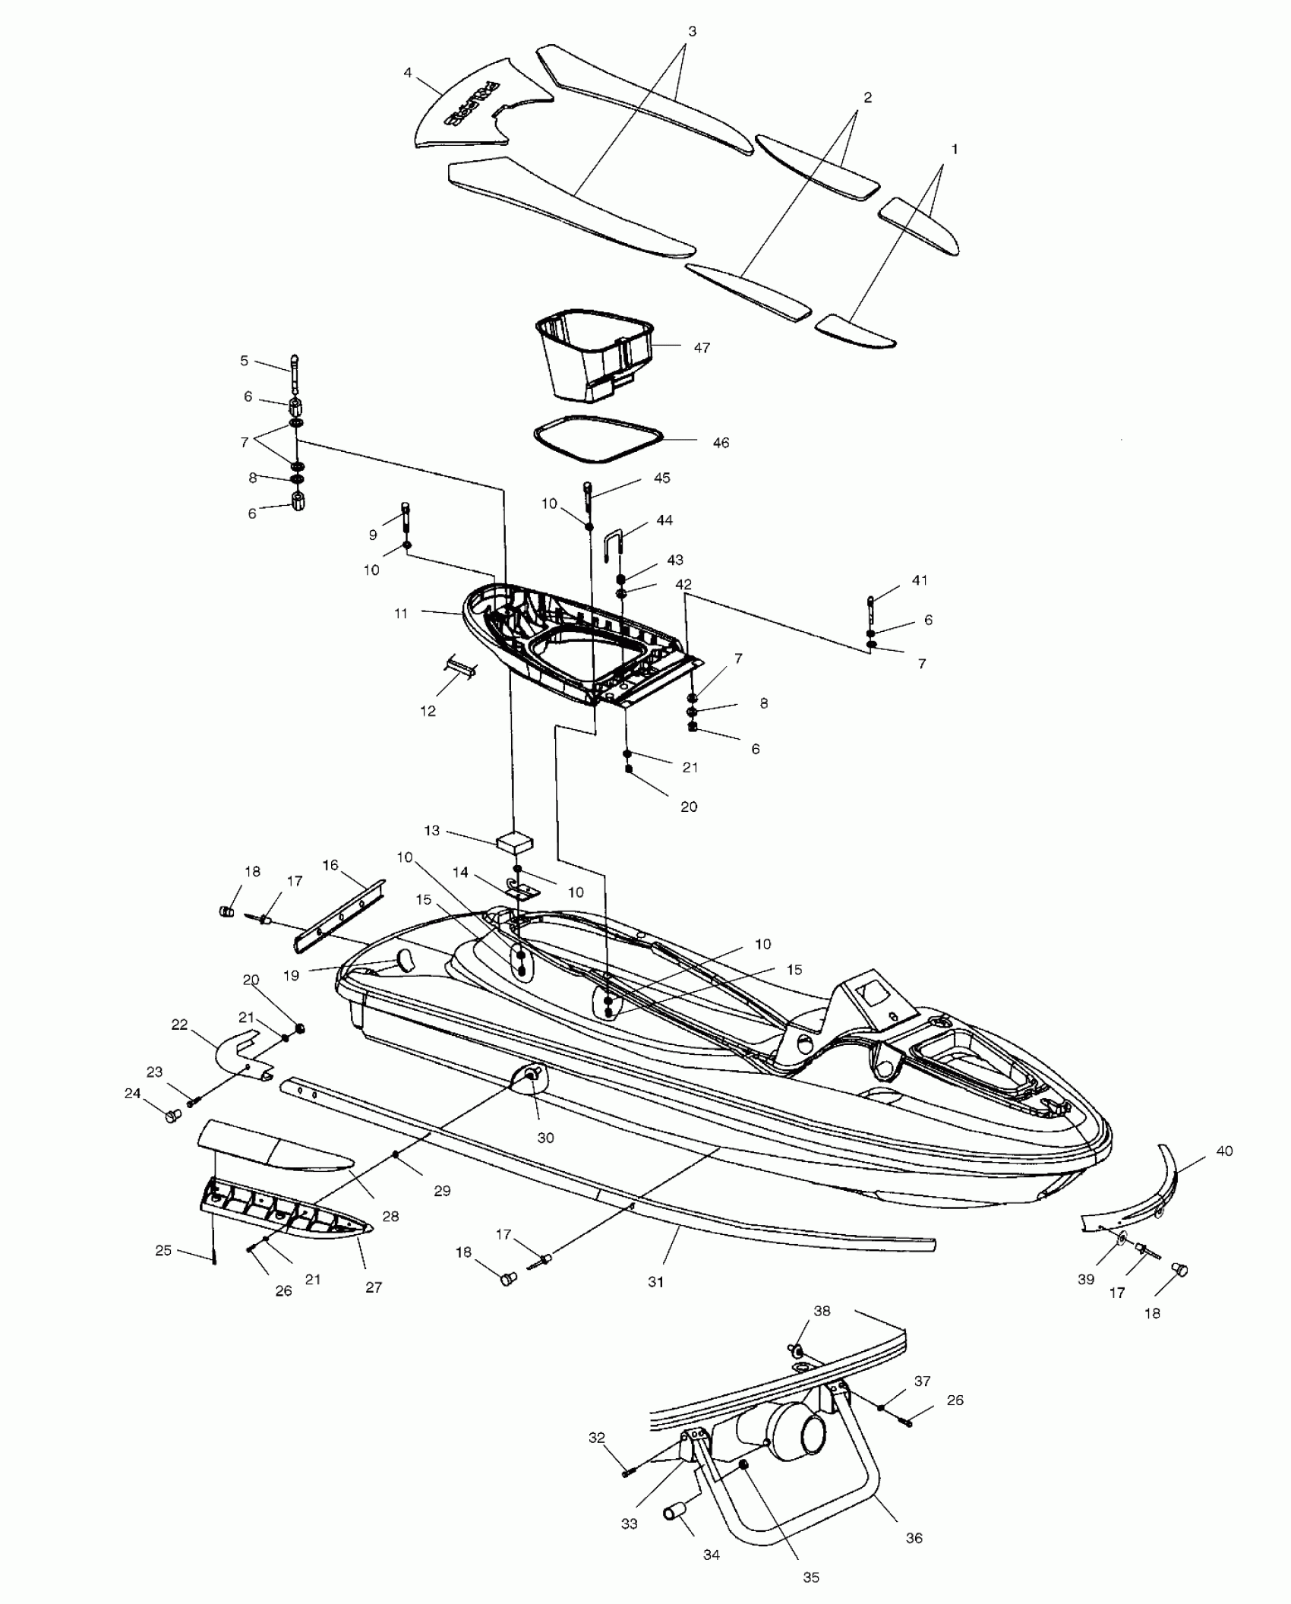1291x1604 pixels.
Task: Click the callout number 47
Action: tap(702, 348)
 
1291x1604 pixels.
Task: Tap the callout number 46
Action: tap(721, 442)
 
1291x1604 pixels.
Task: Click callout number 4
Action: tap(408, 73)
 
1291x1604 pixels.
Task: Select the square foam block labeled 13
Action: tap(514, 841)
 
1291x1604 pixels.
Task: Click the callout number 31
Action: tap(655, 1282)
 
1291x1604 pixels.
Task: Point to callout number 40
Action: tap(1224, 1151)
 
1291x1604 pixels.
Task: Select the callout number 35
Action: tap(811, 1577)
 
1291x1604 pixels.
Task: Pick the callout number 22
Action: tap(179, 1025)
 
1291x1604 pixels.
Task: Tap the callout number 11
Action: tap(402, 613)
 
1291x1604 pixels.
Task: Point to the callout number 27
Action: tap(374, 1287)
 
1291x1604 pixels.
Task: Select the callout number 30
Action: tap(545, 1159)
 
